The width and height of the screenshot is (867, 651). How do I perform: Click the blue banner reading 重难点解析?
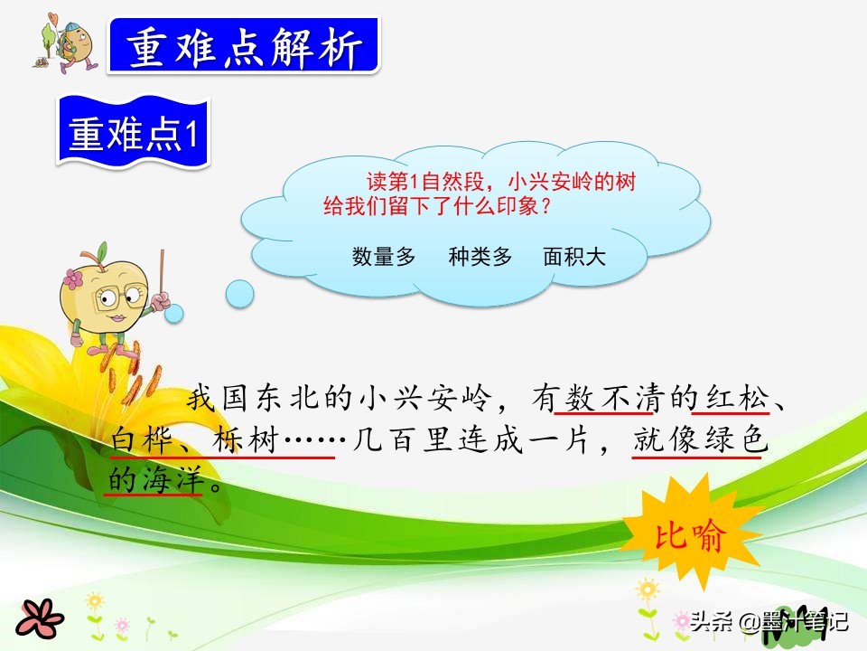[x=244, y=47]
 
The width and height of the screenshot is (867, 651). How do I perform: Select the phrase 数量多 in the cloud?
[x=384, y=257]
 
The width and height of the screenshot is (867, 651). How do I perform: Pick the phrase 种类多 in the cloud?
[x=480, y=257]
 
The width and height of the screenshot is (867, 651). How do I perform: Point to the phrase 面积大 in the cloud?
[x=574, y=257]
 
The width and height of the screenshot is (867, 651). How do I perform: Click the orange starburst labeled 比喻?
[x=689, y=535]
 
